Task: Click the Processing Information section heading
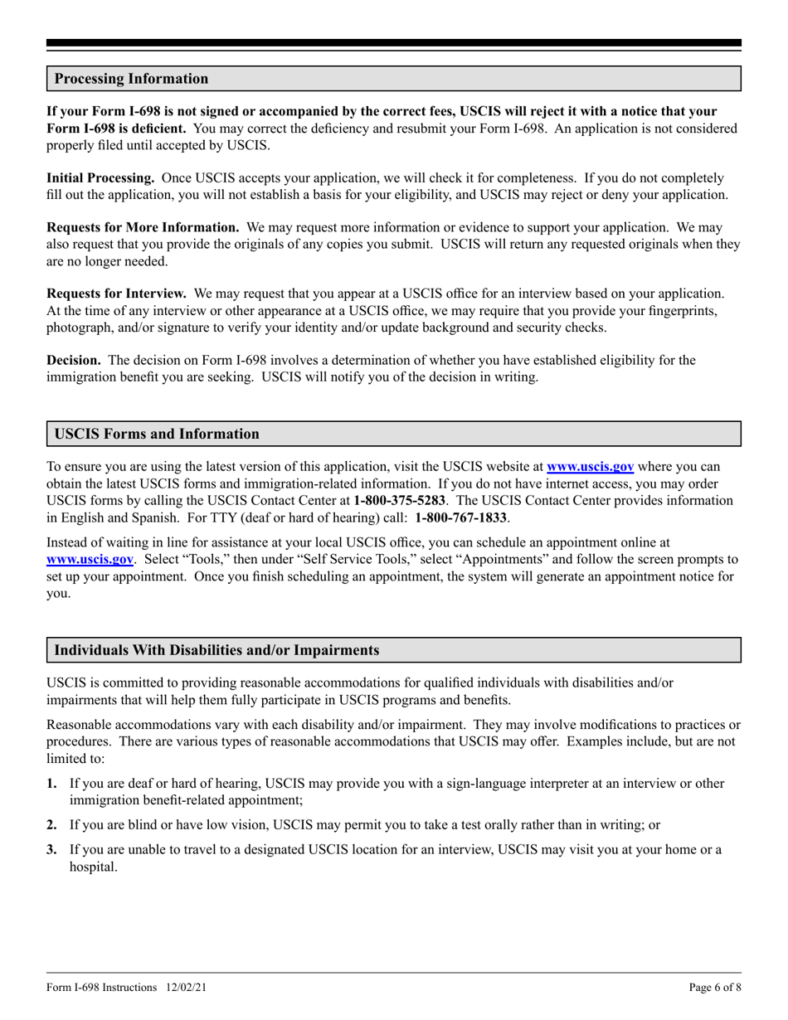131,79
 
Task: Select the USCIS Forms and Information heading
156,434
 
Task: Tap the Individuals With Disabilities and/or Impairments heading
216,650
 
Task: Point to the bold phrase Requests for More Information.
143,226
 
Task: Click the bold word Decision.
74,360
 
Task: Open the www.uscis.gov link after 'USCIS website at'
590,466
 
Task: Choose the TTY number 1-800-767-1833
461,518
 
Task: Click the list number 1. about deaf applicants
52,783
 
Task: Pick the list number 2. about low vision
52,825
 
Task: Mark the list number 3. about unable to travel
52,849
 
